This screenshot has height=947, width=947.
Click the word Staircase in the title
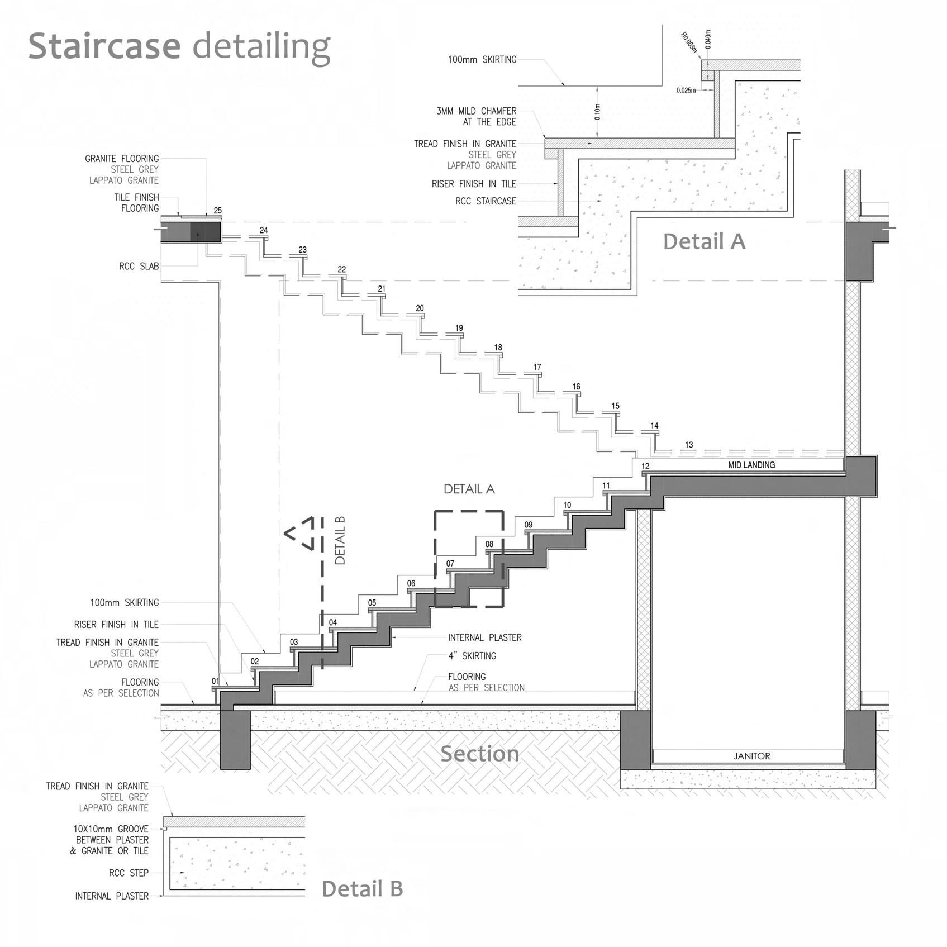(x=104, y=46)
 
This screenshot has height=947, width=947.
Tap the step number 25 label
(x=217, y=211)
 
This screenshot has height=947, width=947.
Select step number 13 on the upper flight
(x=689, y=445)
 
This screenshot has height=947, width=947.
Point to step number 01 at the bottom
(x=216, y=681)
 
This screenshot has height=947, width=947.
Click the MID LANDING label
(x=751, y=465)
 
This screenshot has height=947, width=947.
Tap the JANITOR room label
(x=751, y=756)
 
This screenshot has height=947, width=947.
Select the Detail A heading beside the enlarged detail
(x=704, y=241)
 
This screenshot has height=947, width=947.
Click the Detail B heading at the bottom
(x=362, y=888)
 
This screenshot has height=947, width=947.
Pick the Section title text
(x=479, y=754)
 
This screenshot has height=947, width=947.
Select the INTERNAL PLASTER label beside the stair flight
(x=484, y=637)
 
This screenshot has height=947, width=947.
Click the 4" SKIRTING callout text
(x=472, y=656)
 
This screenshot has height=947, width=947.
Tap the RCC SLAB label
(x=139, y=267)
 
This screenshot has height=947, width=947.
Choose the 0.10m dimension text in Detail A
(x=597, y=112)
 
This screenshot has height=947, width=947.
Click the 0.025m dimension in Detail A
(x=686, y=90)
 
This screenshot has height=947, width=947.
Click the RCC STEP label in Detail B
(x=129, y=873)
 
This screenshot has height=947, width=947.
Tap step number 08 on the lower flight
(x=489, y=544)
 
